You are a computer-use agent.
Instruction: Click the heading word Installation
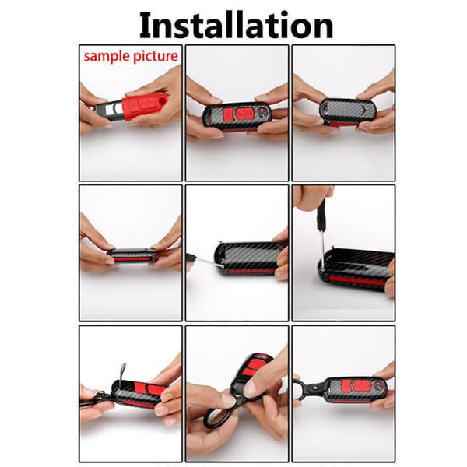click(x=236, y=26)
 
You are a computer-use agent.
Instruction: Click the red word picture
click(x=156, y=56)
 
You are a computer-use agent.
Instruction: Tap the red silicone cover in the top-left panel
click(x=143, y=107)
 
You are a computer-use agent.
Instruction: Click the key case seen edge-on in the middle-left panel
click(x=132, y=255)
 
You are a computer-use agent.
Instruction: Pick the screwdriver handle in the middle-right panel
click(x=321, y=210)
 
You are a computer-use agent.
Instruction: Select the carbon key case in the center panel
click(x=251, y=258)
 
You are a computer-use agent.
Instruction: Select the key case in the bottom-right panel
click(x=356, y=390)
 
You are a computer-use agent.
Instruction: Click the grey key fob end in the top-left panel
click(x=108, y=111)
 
